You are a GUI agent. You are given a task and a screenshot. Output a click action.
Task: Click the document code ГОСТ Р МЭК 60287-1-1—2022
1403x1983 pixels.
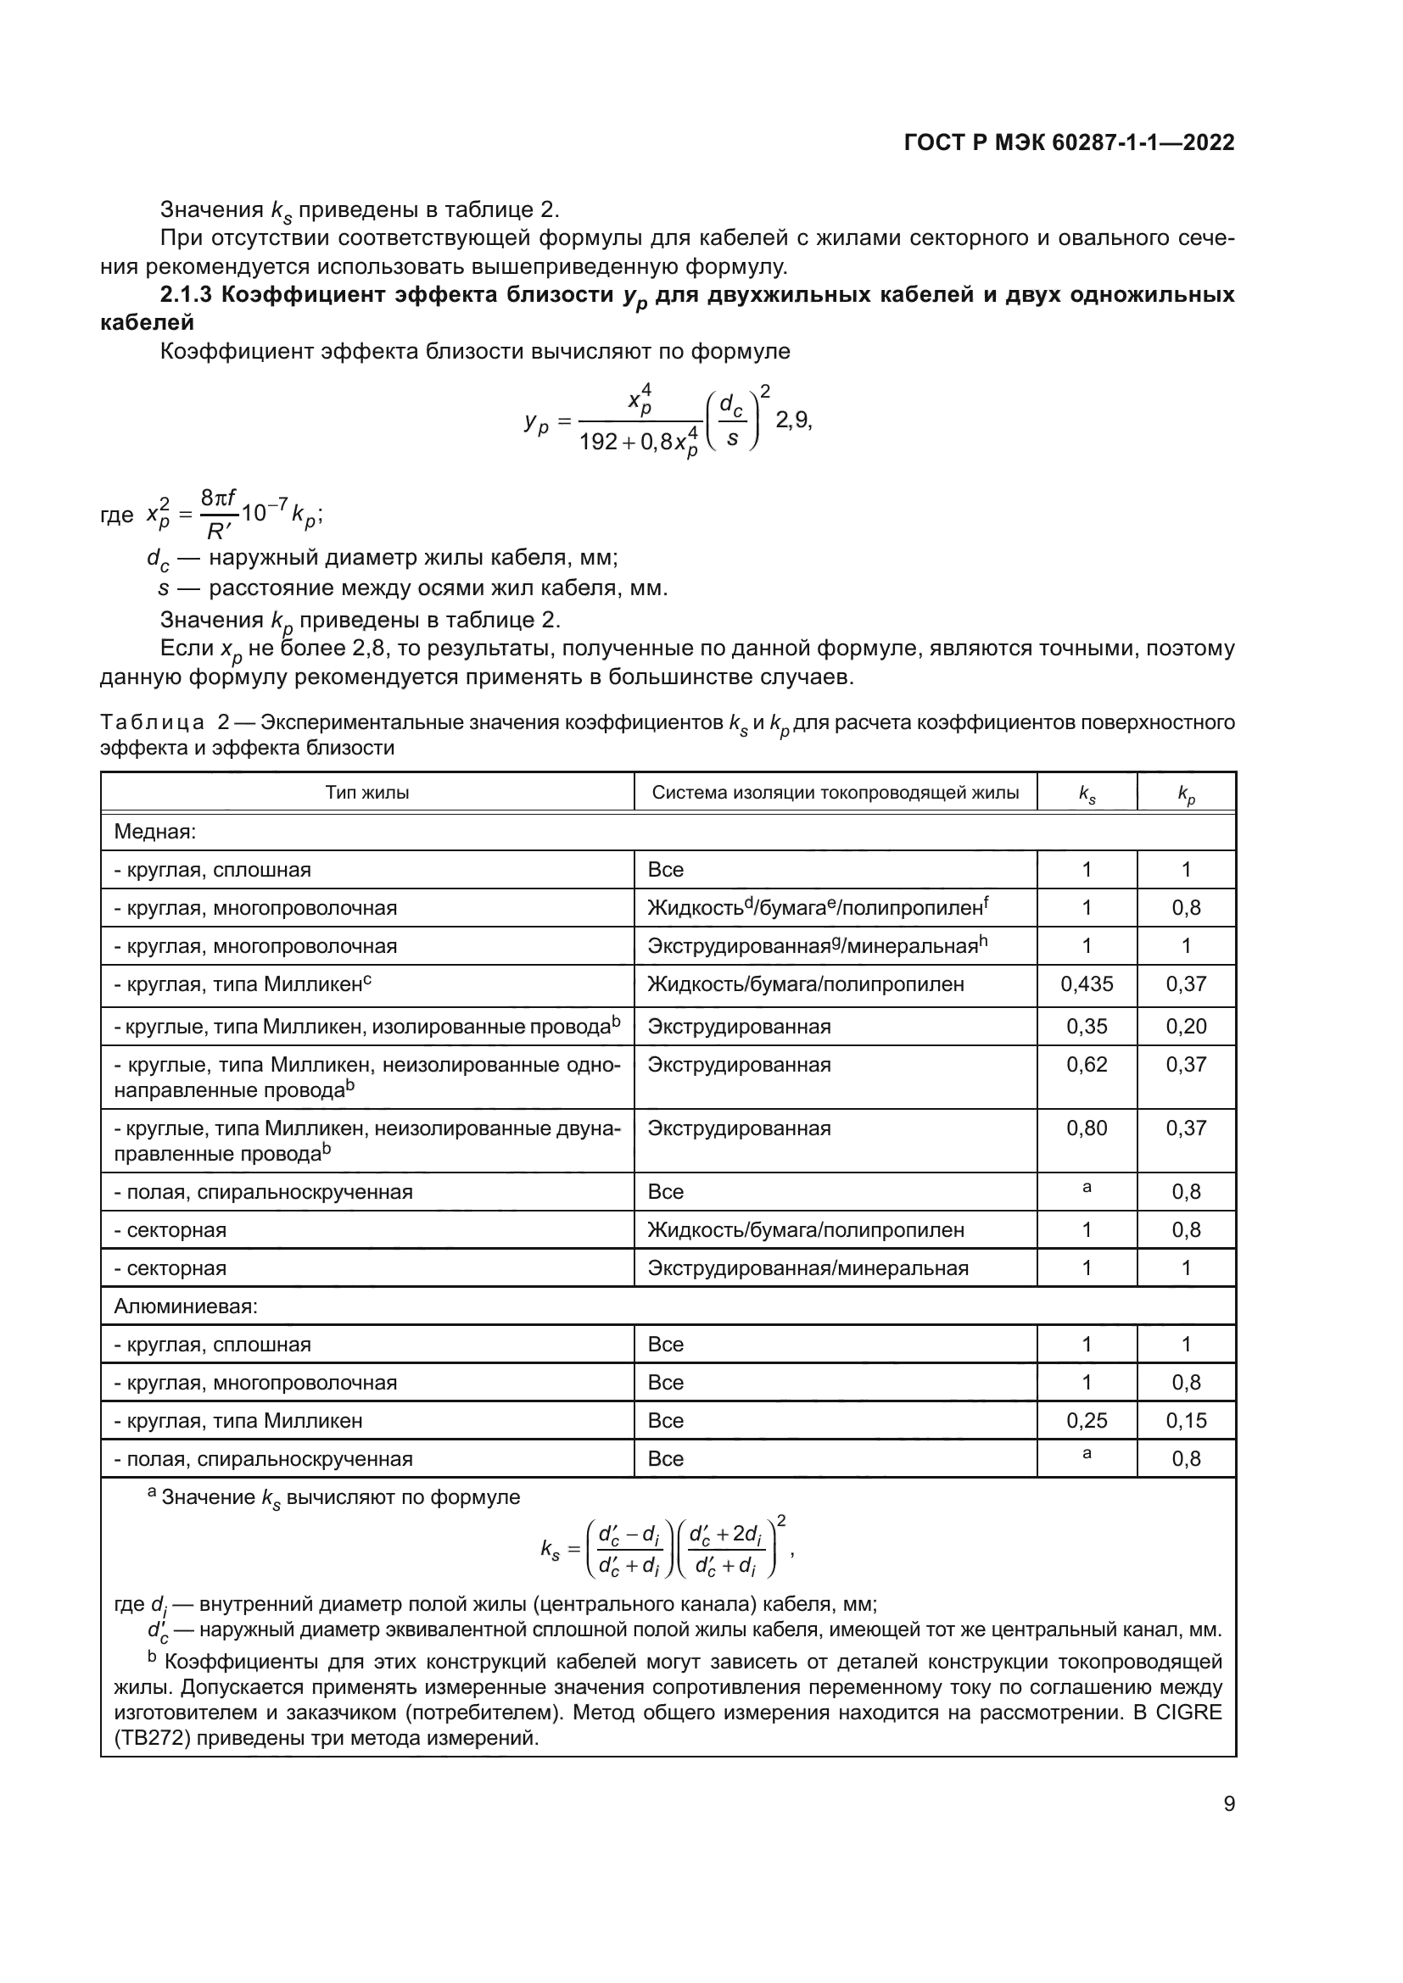1069,143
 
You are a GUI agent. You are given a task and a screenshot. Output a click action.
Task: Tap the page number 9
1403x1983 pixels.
1228,1803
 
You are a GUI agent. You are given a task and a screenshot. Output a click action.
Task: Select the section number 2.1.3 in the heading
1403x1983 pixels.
186,295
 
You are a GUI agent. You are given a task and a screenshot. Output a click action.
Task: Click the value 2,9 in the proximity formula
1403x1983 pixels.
792,421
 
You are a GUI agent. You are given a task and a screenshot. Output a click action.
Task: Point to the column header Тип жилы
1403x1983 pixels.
367,793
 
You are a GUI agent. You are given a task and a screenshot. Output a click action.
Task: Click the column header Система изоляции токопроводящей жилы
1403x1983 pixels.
835,793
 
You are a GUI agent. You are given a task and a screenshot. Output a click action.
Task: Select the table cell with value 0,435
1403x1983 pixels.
1086,983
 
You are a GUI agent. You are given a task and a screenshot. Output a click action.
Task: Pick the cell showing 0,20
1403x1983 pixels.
1185,1026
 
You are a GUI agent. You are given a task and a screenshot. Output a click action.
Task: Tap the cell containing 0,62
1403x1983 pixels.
1086,1064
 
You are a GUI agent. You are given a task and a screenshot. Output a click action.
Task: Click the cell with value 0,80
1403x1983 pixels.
1086,1128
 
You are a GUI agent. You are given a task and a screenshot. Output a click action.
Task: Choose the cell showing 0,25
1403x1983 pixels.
1086,1421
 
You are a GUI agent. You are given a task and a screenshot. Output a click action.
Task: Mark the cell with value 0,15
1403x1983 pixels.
1185,1421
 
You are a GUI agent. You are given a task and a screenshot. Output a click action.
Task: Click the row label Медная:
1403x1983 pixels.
155,832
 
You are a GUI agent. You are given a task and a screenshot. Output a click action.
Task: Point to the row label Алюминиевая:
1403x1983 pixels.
186,1306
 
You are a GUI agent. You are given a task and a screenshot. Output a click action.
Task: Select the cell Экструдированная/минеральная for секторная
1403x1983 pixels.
808,1267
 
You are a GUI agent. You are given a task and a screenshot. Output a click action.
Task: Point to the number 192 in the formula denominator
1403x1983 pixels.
598,443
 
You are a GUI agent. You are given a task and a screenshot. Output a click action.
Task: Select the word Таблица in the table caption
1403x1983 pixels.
152,722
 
